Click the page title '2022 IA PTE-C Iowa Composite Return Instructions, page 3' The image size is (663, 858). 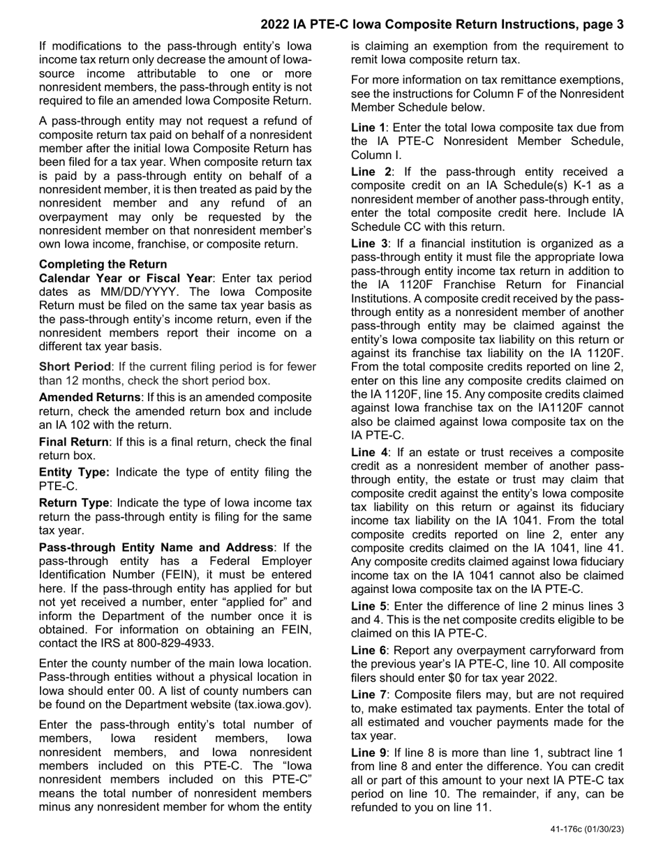tap(442, 25)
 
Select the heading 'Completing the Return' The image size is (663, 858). tap(103, 264)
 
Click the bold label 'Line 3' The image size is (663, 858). tap(368, 243)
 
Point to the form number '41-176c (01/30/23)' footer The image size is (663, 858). tap(587, 829)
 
